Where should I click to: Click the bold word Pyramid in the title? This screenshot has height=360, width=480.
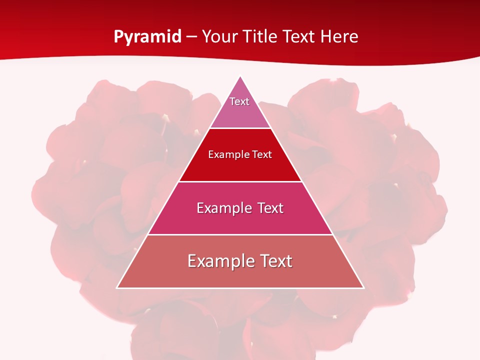point(147,37)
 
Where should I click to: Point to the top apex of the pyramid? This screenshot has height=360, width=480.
point(240,76)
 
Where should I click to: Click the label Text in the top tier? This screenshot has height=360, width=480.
point(239,101)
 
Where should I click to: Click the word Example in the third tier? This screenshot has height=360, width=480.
point(223,208)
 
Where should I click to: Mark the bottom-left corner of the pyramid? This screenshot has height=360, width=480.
point(117,287)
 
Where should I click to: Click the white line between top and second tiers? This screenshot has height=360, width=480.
point(240,128)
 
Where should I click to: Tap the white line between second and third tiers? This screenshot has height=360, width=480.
point(240,181)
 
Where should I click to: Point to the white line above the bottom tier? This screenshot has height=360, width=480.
point(240,234)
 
